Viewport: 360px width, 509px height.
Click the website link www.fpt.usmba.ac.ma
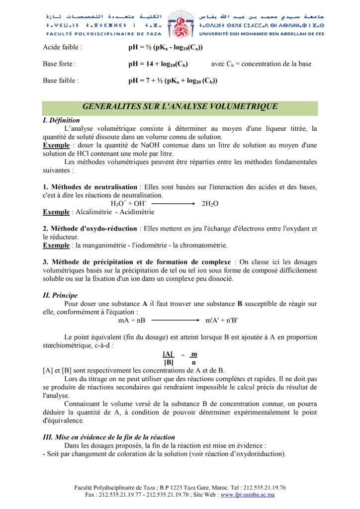click(x=248, y=495)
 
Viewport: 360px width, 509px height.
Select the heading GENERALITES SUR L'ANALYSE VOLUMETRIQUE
click(x=180, y=106)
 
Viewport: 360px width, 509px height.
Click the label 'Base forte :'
click(x=60, y=64)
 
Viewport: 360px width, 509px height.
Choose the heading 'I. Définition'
click(x=61, y=120)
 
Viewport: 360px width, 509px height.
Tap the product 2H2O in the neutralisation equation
click(x=210, y=204)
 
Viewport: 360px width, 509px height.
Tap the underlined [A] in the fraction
click(x=168, y=354)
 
